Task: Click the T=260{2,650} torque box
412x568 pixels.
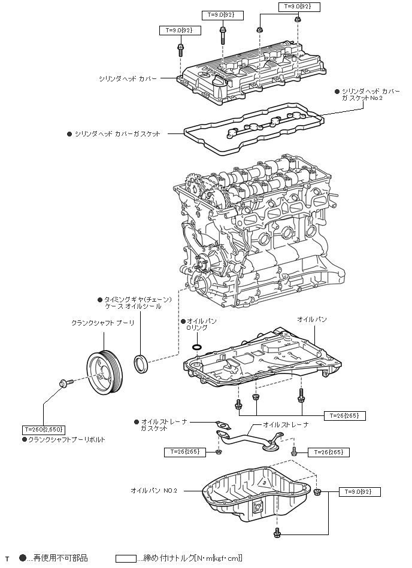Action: (44, 429)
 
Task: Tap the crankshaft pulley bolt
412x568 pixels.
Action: (64, 382)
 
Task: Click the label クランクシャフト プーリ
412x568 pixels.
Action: (102, 323)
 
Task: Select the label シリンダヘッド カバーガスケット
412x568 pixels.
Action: (117, 134)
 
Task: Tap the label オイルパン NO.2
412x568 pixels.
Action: (154, 490)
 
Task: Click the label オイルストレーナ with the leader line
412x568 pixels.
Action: (286, 424)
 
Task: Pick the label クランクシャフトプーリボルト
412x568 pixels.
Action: (66, 439)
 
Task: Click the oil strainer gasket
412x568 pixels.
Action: (223, 429)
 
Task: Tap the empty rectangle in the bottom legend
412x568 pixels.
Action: (125, 558)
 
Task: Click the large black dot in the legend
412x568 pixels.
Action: (23, 558)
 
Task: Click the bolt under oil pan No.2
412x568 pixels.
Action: (277, 532)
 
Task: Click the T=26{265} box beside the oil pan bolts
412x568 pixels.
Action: (344, 415)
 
